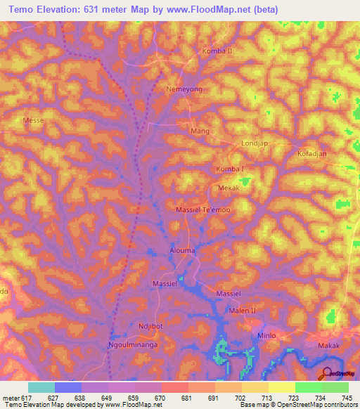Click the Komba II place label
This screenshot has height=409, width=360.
(x=217, y=52)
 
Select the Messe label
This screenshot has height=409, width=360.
(x=33, y=121)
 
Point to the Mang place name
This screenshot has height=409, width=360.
(x=201, y=131)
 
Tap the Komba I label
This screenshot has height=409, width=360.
(x=231, y=170)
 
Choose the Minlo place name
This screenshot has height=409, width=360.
(x=266, y=335)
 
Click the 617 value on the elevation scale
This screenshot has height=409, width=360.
(x=27, y=397)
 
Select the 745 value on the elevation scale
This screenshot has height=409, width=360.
(x=347, y=397)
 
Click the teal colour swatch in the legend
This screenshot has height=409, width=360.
(x=41, y=387)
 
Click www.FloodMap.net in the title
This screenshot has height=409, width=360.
(x=217, y=10)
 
